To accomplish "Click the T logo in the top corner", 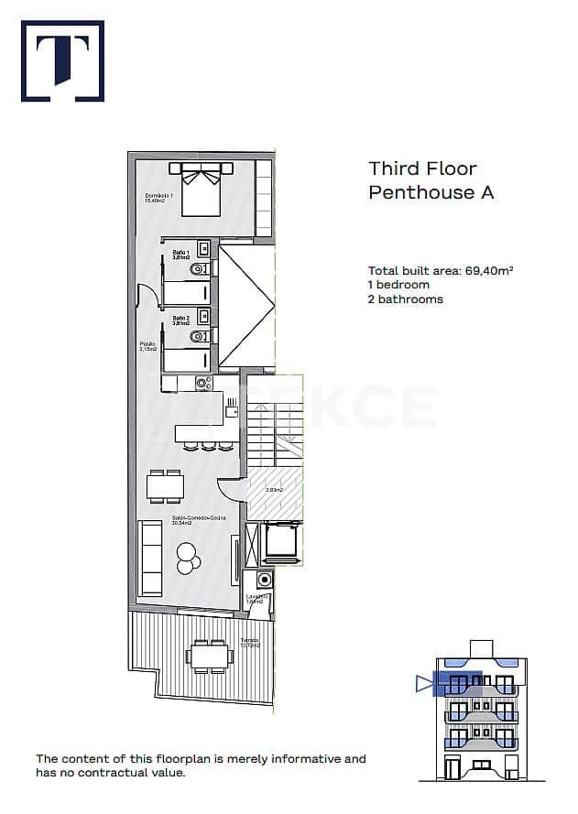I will [x=62, y=60].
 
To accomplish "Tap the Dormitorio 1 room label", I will [x=158, y=198].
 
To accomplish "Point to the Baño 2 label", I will [x=181, y=320].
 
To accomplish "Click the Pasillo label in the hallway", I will [x=147, y=347].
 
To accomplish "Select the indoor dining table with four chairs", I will [x=166, y=485].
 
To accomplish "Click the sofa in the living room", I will [x=151, y=557].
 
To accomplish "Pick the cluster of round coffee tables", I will [x=188, y=557].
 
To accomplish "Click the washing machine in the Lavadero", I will [x=265, y=580].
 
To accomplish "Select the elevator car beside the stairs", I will [x=280, y=541].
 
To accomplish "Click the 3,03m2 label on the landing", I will [x=273, y=490].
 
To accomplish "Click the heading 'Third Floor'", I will [x=422, y=168].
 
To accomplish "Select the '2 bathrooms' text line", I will [x=405, y=299].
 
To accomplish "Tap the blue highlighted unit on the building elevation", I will [x=456, y=682].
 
